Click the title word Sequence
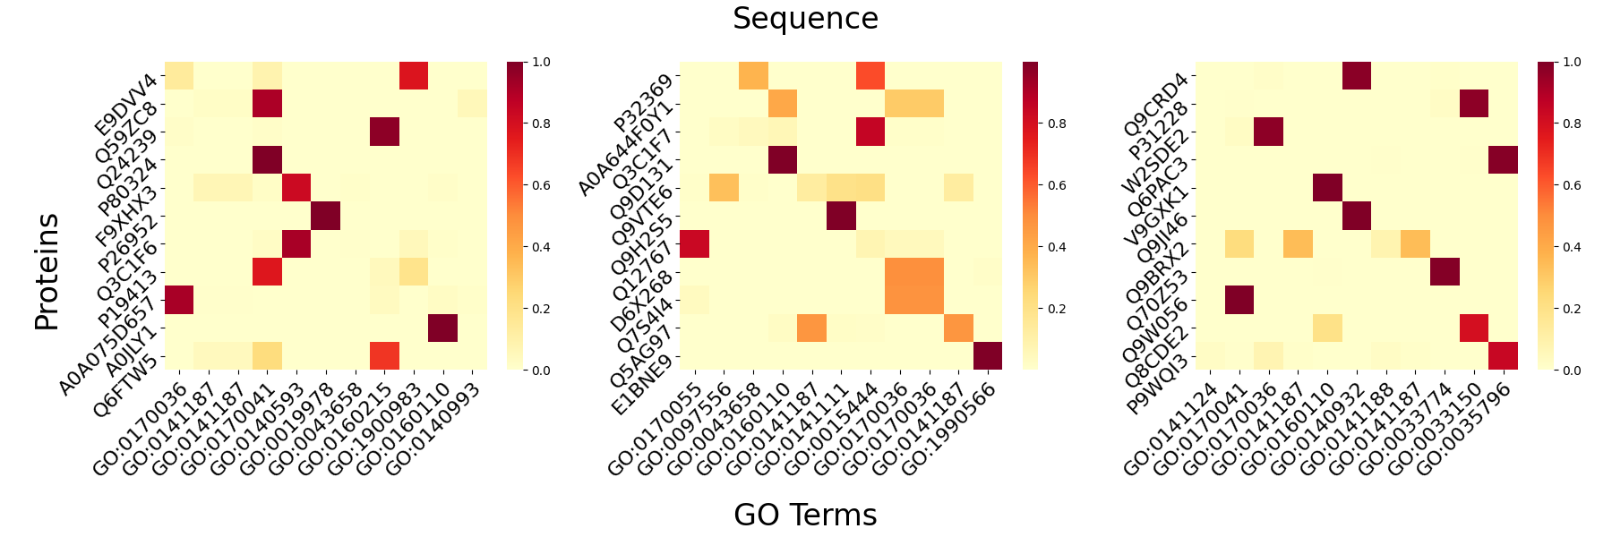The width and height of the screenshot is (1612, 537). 805,19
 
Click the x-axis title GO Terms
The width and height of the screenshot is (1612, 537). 805,515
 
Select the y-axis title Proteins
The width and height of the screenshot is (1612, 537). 47,272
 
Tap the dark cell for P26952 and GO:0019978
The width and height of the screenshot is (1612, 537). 325,216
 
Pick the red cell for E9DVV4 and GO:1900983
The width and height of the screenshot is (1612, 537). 413,76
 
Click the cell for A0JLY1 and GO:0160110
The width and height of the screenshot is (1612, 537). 442,328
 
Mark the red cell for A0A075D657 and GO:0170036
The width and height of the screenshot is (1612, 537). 179,300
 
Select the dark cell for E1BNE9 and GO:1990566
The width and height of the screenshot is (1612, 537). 987,355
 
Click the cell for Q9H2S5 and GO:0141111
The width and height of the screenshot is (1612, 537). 841,216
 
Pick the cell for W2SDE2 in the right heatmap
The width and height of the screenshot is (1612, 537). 1268,132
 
